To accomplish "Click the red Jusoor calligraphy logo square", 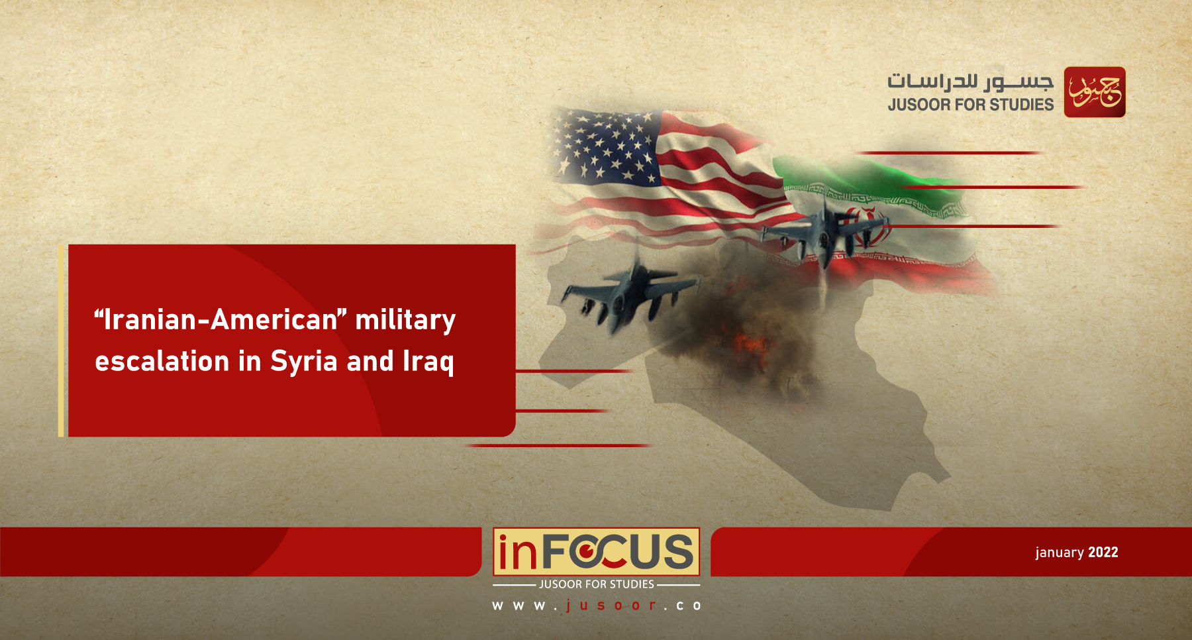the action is tap(1095, 92).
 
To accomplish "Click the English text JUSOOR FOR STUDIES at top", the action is tap(970, 105).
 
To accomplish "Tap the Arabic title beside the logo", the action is tap(970, 81).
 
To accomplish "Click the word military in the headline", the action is tap(405, 321).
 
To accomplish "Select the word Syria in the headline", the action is tap(304, 362).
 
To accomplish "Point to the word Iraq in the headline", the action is tap(428, 362).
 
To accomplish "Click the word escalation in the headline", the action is tap(162, 362).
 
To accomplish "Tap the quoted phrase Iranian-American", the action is tap(221, 319).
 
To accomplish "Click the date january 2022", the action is tap(1077, 553).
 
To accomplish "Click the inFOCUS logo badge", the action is tap(596, 551).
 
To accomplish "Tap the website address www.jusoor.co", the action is tap(597, 606).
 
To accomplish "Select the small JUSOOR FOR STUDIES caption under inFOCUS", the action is tap(596, 584).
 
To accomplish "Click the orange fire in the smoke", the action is tap(752, 348).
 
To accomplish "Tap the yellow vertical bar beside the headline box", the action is tap(61, 341).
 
